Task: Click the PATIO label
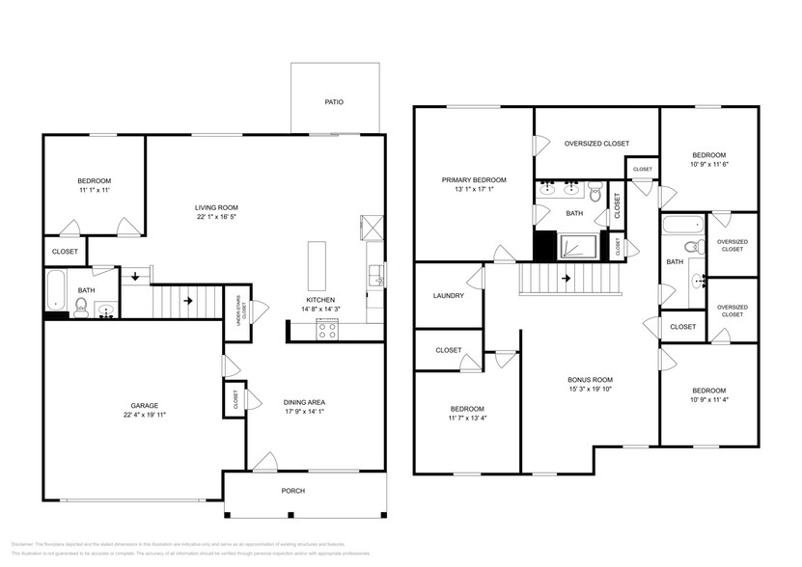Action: (334, 101)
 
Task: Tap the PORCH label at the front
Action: (293, 491)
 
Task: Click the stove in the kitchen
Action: (328, 329)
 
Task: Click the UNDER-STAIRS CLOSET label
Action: (244, 310)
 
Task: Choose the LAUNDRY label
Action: (449, 296)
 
